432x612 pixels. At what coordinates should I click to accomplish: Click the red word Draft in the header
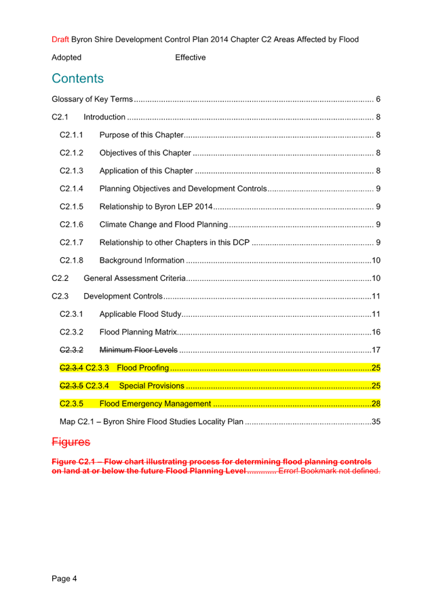[x=60, y=39]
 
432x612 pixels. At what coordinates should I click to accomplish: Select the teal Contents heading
[x=78, y=79]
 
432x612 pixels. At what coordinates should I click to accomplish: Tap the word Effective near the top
[x=190, y=58]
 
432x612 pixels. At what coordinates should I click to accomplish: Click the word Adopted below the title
[x=66, y=58]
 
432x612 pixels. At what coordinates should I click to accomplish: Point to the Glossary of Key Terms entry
[x=92, y=99]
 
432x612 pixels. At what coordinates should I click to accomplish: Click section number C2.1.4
[x=71, y=189]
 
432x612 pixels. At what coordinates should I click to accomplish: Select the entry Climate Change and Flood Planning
[x=163, y=225]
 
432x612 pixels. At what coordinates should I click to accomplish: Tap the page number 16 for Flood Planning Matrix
[x=376, y=332]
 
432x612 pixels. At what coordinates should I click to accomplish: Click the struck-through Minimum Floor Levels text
[x=138, y=350]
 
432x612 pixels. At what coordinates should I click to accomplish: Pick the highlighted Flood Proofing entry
[x=143, y=368]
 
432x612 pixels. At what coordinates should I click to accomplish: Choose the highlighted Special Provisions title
[x=151, y=385]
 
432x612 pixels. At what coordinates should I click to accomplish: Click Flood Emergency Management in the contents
[x=155, y=404]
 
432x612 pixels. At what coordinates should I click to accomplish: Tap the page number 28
[x=376, y=404]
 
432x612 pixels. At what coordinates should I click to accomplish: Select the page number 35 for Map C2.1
[x=376, y=421]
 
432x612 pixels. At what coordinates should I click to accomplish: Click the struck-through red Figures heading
[x=71, y=442]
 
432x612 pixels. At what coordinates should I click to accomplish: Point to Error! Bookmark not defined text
[x=329, y=471]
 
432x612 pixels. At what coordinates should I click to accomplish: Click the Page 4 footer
[x=64, y=579]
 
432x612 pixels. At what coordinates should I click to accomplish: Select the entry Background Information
[x=142, y=261]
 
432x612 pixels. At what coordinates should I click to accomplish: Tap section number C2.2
[x=60, y=278]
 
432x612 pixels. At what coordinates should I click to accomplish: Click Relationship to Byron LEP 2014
[x=156, y=206]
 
